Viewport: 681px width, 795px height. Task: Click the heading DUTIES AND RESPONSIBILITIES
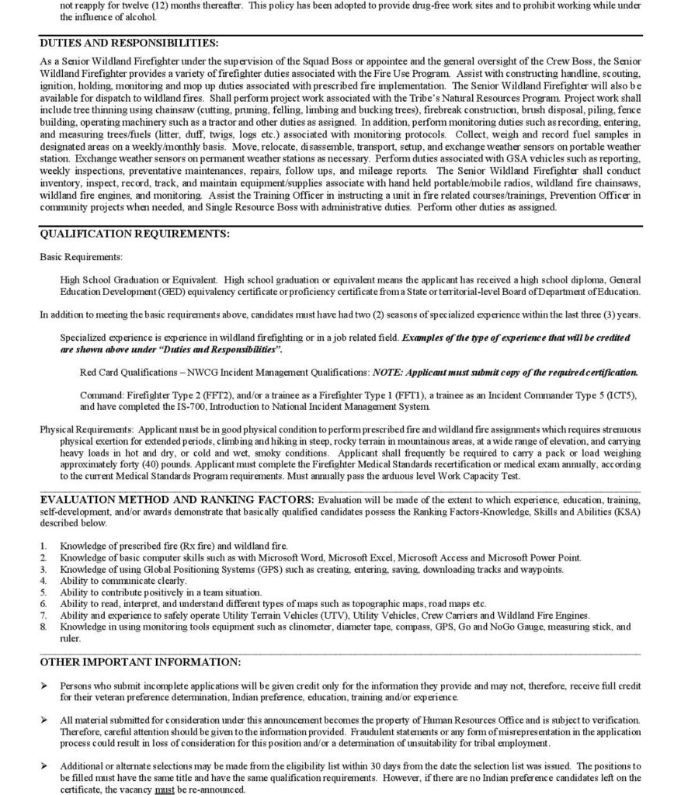coord(129,43)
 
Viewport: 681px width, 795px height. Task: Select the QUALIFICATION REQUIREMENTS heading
coord(134,234)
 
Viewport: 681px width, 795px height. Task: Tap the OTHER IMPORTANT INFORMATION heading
coord(140,662)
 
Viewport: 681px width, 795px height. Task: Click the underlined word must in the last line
coord(203,789)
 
